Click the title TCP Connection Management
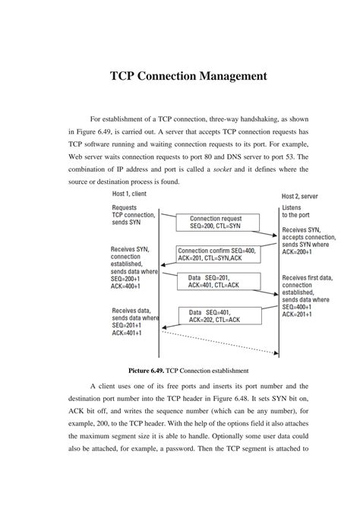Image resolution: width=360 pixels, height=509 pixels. click(179, 77)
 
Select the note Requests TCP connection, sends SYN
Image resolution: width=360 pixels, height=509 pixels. click(134, 214)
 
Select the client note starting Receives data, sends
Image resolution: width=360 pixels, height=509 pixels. click(135, 321)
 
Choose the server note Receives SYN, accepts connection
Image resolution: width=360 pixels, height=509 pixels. click(306, 240)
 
